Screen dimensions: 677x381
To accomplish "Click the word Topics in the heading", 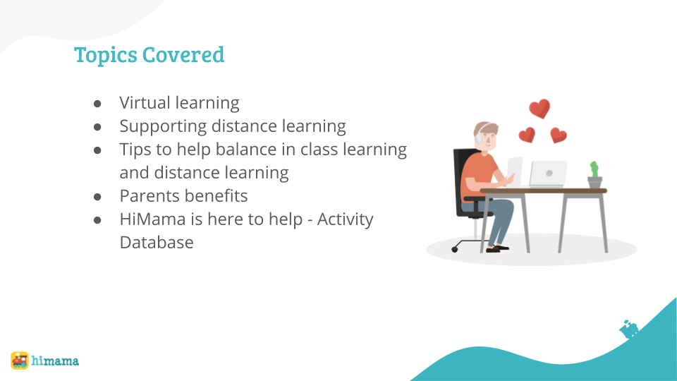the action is coord(105,55).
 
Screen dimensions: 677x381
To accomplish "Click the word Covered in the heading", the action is coord(183,54).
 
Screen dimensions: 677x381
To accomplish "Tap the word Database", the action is coord(157,243).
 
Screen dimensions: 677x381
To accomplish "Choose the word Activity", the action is coord(346,220).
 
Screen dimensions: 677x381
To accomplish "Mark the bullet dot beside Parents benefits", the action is coord(97,197).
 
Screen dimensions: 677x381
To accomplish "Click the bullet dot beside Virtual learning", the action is coord(97,104).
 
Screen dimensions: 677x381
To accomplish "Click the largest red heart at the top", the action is coord(539,108).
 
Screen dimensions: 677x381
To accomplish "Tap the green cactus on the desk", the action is coord(594,169).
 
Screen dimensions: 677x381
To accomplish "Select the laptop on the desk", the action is coord(547,174).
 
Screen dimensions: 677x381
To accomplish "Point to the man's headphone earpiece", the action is coord(478,138).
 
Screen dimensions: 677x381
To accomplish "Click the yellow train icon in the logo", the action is coord(20,361).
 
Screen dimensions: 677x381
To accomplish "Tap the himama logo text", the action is coord(55,361).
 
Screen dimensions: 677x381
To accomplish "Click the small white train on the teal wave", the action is coord(629,329).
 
